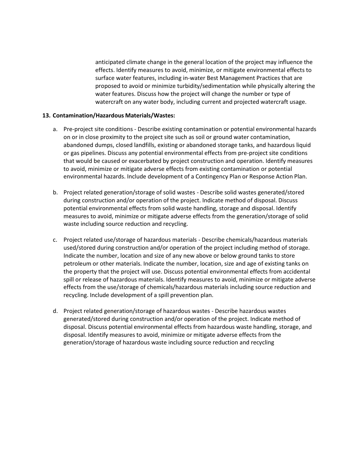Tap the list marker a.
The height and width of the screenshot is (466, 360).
pos(55,129)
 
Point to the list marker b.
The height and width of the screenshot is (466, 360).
pos(55,192)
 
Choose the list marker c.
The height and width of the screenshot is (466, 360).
pos(55,240)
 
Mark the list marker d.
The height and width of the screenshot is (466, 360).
pos(55,311)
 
